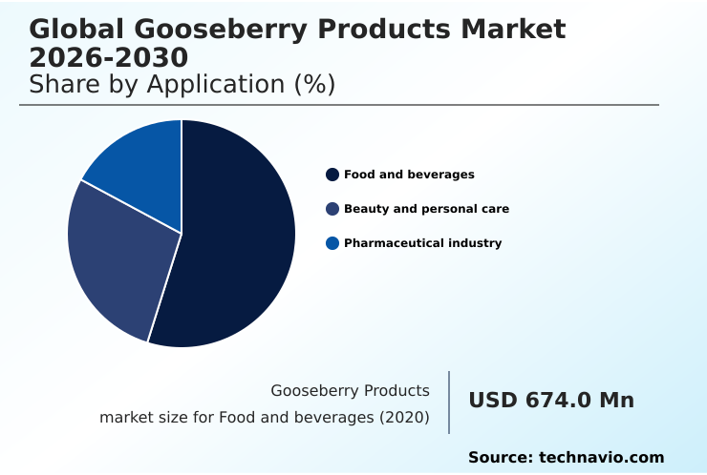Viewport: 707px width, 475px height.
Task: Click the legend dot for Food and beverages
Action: click(332, 175)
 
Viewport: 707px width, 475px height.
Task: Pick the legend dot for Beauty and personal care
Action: click(332, 209)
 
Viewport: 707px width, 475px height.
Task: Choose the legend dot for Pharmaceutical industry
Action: click(332, 243)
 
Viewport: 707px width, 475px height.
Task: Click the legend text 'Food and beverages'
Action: click(409, 175)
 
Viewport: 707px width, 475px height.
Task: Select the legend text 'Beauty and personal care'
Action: click(426, 209)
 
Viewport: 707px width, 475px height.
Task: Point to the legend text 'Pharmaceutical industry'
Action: click(422, 243)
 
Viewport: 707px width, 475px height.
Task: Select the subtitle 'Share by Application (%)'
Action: click(182, 84)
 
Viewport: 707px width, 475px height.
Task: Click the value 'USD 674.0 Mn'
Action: click(551, 401)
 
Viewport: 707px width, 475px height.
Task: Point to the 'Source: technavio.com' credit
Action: click(566, 458)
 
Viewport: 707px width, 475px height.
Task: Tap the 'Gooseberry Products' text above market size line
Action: click(350, 390)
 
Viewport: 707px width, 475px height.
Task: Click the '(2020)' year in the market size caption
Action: click(406, 417)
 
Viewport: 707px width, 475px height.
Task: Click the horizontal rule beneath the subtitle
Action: click(339, 105)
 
